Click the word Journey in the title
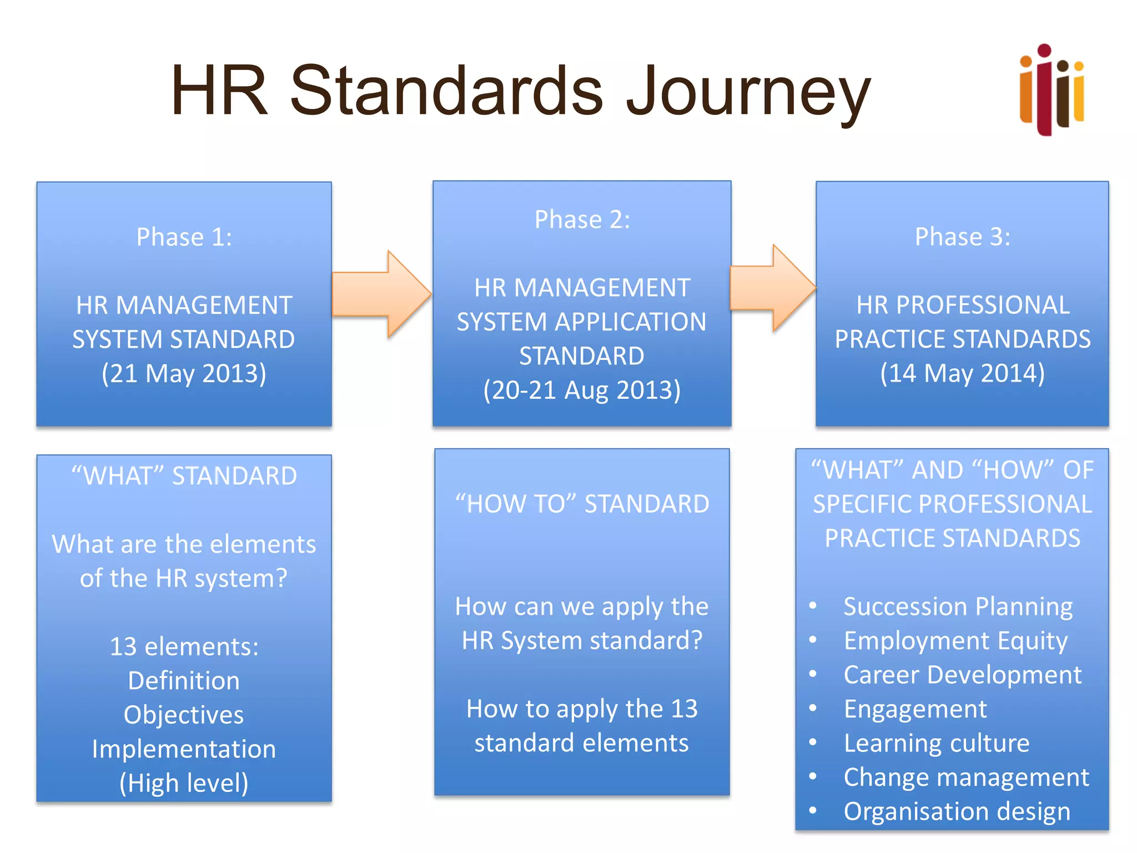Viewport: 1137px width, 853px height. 748,92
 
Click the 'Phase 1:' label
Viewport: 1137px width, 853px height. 184,237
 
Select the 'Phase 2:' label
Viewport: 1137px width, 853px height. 582,220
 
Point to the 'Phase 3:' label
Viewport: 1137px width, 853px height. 962,237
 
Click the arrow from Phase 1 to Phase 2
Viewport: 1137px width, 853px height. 382,294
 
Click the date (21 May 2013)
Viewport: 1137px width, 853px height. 184,373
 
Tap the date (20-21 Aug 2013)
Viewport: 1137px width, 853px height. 582,390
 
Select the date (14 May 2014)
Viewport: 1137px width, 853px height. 962,373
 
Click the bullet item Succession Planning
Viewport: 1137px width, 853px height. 958,606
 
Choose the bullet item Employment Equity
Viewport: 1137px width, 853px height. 955,641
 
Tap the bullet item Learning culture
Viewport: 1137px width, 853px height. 937,743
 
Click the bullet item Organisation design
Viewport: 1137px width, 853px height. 957,811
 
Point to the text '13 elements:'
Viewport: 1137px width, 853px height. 184,646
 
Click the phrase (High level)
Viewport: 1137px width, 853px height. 184,783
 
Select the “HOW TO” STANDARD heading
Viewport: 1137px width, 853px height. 582,504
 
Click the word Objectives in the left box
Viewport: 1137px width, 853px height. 184,715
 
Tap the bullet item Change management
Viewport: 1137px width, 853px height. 966,777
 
